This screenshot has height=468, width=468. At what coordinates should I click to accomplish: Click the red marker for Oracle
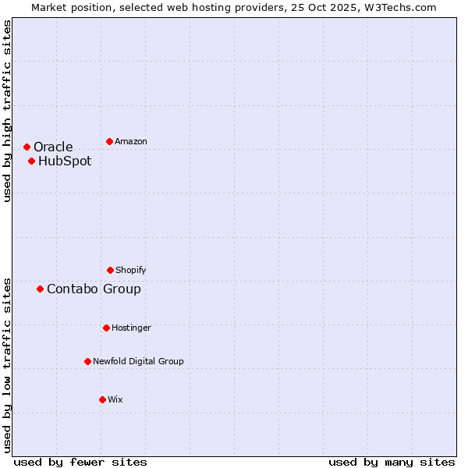(x=27, y=147)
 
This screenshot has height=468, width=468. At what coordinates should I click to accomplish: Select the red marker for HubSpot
(x=31, y=161)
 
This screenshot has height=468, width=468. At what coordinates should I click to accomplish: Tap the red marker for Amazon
(x=109, y=141)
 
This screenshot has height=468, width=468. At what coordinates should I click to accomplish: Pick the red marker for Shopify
(x=110, y=270)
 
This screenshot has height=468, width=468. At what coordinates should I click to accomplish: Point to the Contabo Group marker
(x=40, y=289)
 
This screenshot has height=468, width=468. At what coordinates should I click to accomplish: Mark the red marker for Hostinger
(x=106, y=328)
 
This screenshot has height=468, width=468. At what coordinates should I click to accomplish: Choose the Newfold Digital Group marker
(x=87, y=361)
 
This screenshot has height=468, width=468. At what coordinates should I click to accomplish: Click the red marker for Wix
(x=102, y=399)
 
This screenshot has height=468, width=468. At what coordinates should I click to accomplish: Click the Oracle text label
(x=53, y=147)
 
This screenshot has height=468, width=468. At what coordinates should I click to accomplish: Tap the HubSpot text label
(x=65, y=161)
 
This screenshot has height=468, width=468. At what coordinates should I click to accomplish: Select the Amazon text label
(x=131, y=141)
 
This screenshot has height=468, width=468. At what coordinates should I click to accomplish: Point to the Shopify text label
(x=131, y=270)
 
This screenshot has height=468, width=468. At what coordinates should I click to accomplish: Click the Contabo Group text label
(x=94, y=289)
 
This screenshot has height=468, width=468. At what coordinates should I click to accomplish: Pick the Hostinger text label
(x=131, y=328)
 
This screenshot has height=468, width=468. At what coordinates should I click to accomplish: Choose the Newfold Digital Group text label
(x=138, y=361)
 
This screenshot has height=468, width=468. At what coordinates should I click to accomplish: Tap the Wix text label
(x=115, y=399)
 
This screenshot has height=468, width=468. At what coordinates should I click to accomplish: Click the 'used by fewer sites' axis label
(x=80, y=462)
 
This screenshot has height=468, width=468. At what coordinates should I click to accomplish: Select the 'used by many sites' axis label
(x=392, y=462)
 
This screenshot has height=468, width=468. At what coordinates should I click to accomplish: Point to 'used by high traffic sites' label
(x=7, y=111)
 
